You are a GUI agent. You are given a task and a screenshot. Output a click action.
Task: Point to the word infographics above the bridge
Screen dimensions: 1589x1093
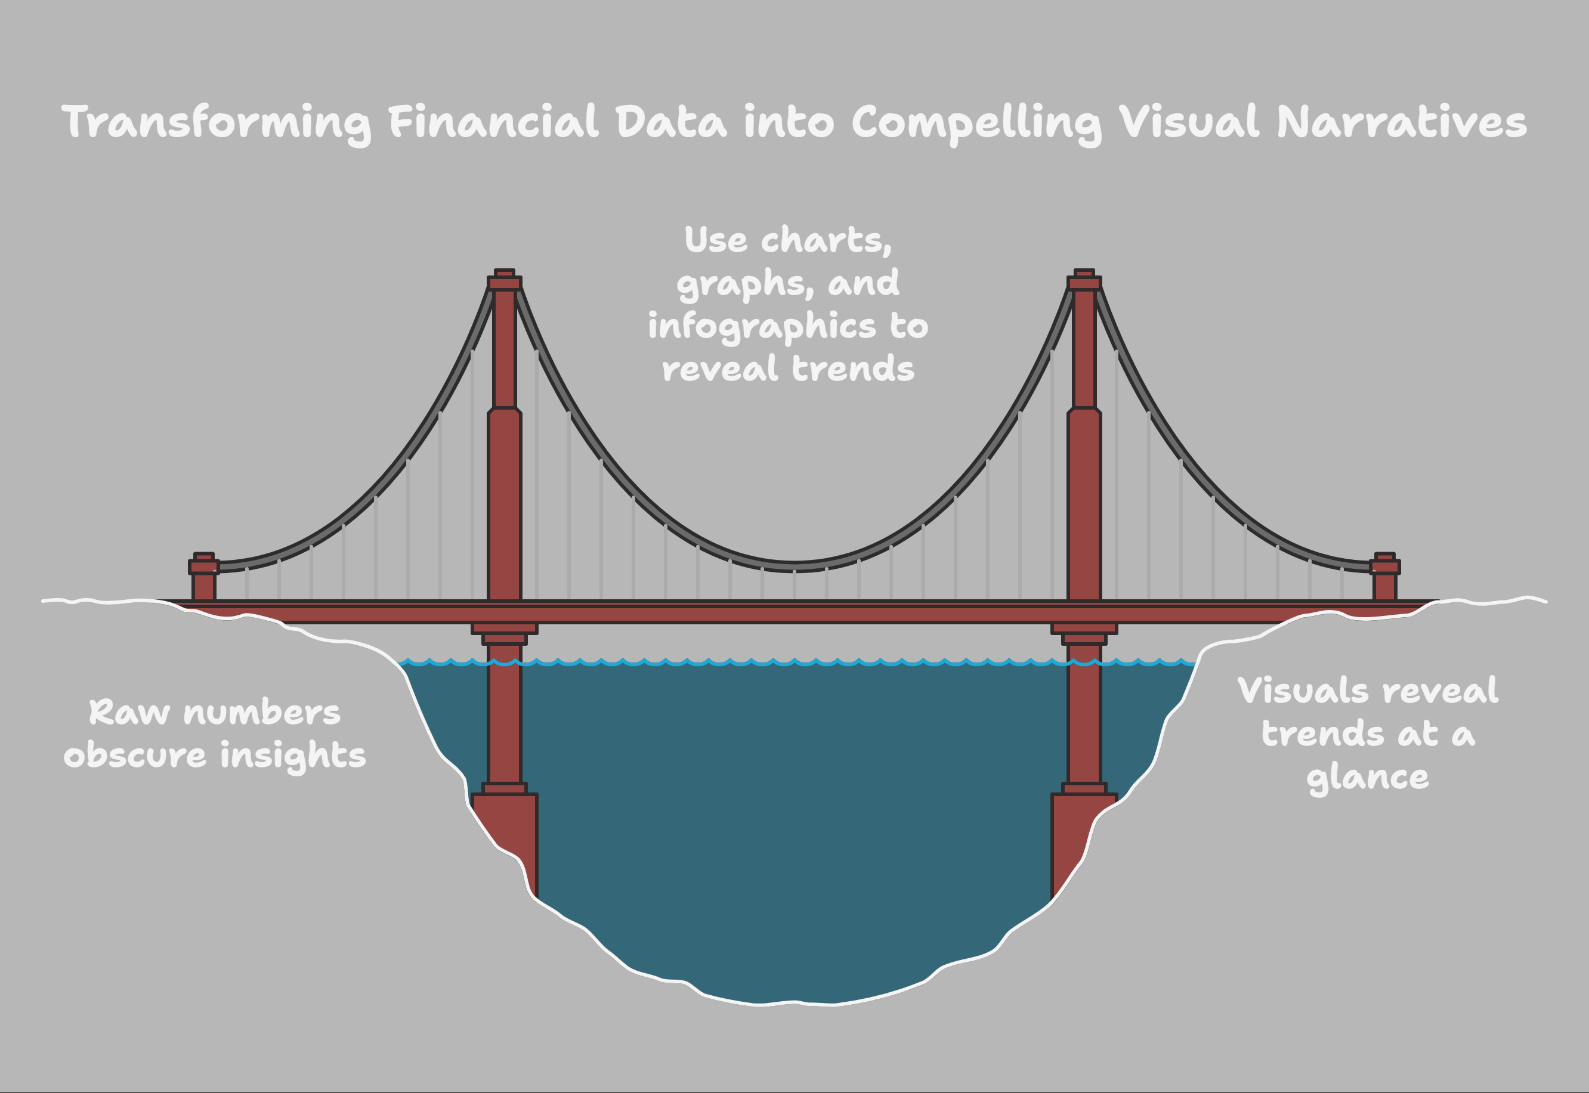coord(762,327)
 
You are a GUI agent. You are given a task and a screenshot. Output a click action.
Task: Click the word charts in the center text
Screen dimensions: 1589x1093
coord(826,240)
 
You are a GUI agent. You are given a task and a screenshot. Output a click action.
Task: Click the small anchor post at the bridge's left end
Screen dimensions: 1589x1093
coord(204,577)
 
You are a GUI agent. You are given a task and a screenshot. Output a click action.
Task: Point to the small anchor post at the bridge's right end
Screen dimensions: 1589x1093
coord(1385,577)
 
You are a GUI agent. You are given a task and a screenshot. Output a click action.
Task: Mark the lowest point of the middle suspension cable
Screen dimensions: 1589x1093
coord(794,566)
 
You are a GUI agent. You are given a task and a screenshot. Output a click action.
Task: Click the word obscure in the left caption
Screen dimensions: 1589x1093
coord(135,755)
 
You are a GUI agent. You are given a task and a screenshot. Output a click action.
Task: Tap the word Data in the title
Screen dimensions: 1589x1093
coord(671,122)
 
